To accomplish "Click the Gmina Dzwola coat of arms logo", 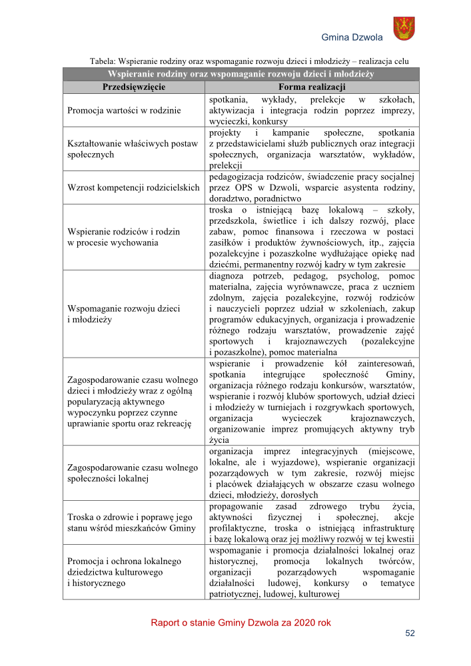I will pyautogui.click(x=404, y=29).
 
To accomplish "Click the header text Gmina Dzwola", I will pyautogui.click(x=352, y=37).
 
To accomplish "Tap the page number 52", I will pyautogui.click(x=410, y=633).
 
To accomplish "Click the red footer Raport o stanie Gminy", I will pyautogui.click(x=240, y=623).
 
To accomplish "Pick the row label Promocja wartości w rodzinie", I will pyautogui.click(x=125, y=110).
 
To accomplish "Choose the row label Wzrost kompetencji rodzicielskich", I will pyautogui.click(x=134, y=187).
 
